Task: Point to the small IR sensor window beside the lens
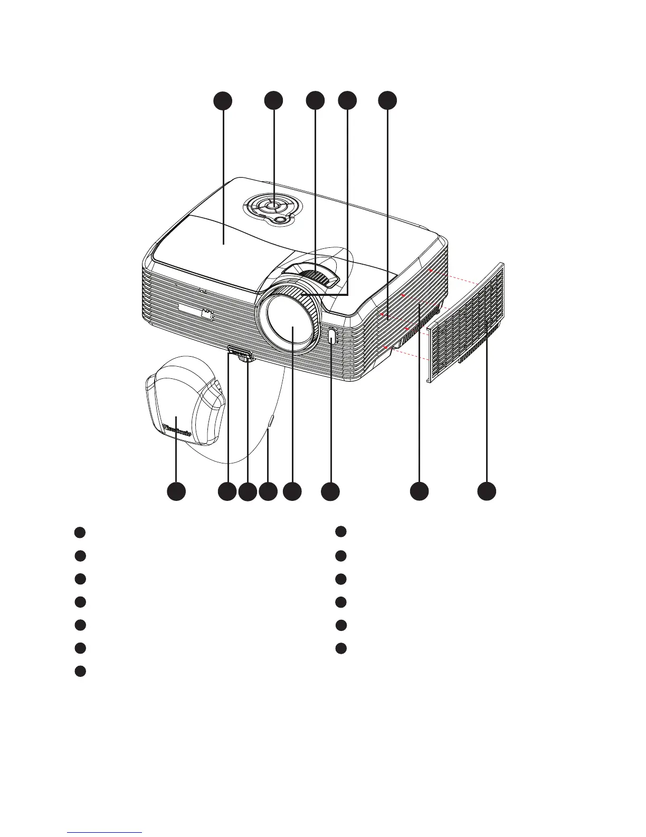pyautogui.click(x=331, y=338)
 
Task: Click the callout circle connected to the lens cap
pyautogui.click(x=176, y=491)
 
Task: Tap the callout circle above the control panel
pyautogui.click(x=273, y=100)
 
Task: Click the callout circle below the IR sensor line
pyautogui.click(x=330, y=491)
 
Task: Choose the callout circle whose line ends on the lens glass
pyautogui.click(x=292, y=491)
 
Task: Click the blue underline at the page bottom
pyautogui.click(x=104, y=832)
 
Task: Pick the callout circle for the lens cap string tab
pyautogui.click(x=268, y=491)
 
